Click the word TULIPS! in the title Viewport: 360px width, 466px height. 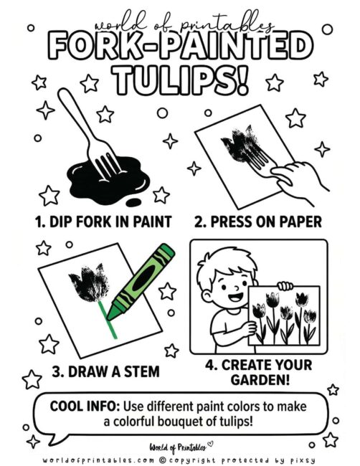pos(179,79)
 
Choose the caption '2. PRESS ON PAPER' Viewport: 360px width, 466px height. pos(269,220)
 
